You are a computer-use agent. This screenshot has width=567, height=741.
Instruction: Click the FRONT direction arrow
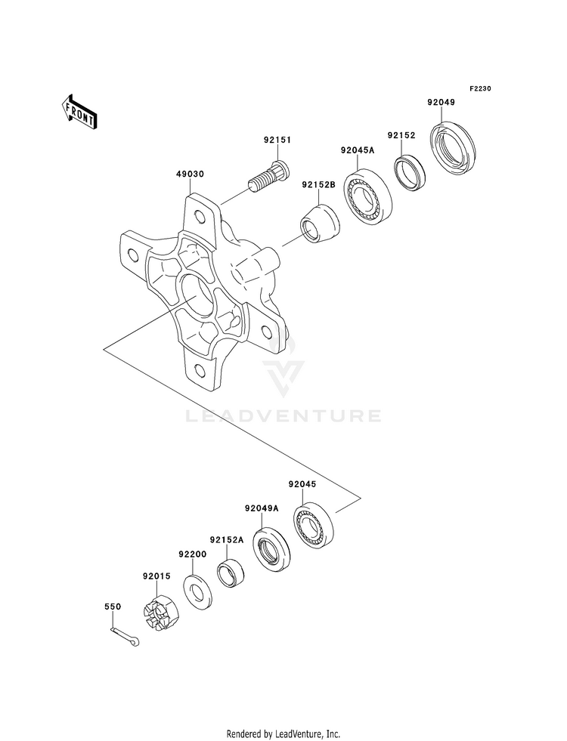point(79,112)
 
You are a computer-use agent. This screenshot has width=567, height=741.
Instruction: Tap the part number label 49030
point(190,174)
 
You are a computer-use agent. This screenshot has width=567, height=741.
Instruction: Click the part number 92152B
point(319,185)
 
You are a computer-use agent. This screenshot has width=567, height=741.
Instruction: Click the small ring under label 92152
point(410,174)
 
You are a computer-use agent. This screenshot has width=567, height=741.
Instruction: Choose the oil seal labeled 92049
point(453,144)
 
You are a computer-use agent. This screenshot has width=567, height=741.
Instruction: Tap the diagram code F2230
point(481,88)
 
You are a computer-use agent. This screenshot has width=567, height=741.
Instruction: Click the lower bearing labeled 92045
point(314,523)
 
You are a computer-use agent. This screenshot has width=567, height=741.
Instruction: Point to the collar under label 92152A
point(231,574)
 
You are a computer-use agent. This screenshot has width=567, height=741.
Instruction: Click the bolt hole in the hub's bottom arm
point(199,369)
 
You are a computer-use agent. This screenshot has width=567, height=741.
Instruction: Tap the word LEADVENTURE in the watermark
point(283,416)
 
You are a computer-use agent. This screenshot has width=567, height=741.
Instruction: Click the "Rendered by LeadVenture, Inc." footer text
point(283,734)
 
